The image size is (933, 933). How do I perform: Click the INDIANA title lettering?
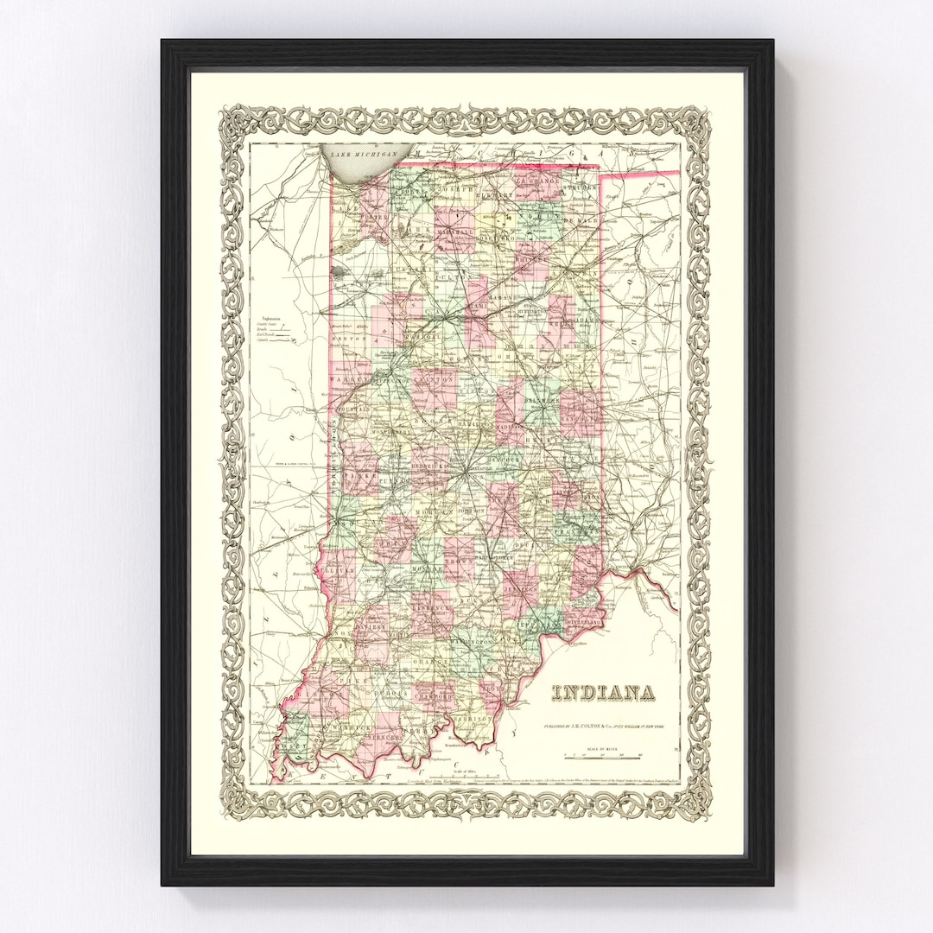pyautogui.click(x=602, y=693)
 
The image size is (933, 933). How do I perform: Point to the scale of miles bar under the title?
pyautogui.click(x=603, y=757)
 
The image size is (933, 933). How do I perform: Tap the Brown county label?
pyautogui.click(x=460, y=562)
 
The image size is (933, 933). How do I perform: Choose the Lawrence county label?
pyautogui.click(x=431, y=607)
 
